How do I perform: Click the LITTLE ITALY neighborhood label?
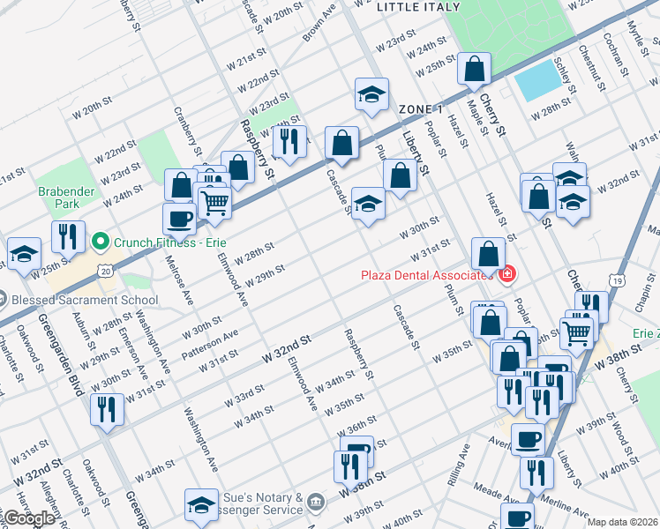tap(418, 7)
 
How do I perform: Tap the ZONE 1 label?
tap(420, 108)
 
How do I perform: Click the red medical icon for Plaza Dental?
tap(506, 275)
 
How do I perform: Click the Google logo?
tap(29, 518)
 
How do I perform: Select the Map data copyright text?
tap(622, 522)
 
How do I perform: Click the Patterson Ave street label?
tap(212, 341)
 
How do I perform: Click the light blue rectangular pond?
tap(531, 82)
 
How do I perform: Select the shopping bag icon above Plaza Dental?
tap(488, 255)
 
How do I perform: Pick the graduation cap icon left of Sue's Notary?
tap(201, 505)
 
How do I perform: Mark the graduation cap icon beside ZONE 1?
tap(372, 95)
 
